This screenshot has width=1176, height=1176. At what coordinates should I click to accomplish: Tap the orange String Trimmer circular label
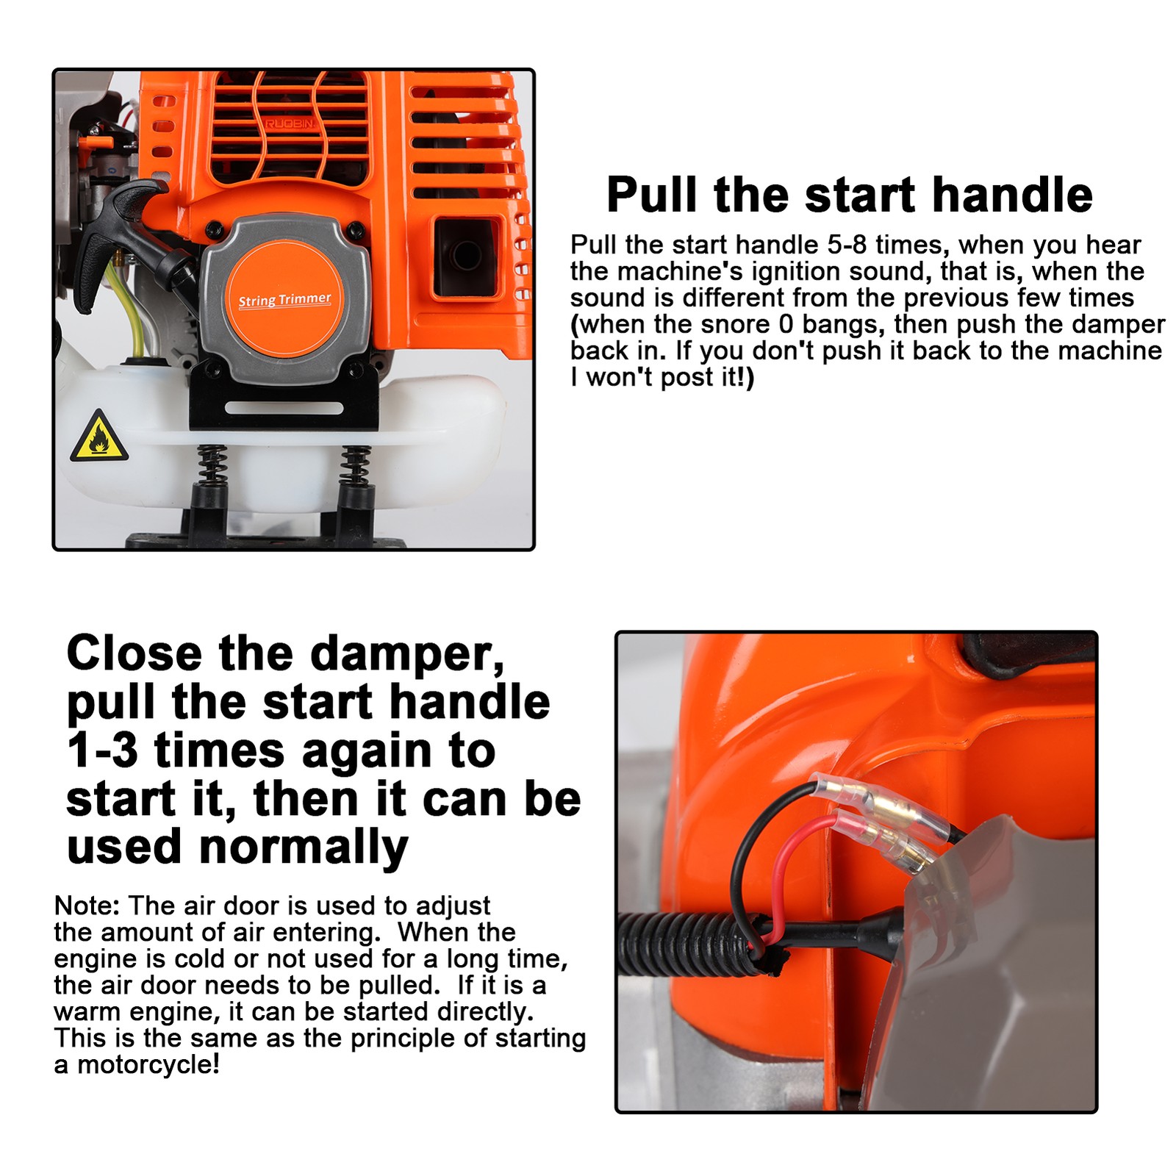point(284,299)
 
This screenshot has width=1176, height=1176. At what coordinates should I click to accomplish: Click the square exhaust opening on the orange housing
point(465,254)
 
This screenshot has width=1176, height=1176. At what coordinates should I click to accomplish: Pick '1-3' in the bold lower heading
point(102,751)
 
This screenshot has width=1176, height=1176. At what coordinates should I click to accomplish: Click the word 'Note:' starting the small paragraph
point(86,906)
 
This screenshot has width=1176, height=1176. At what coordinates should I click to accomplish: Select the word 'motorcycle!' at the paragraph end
point(148,1064)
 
